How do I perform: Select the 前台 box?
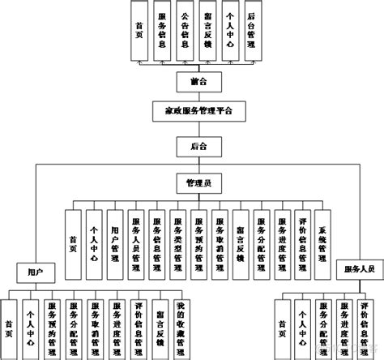(192, 81)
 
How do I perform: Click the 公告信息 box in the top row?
(186, 30)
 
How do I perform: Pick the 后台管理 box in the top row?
(251, 30)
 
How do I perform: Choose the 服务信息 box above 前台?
(163, 30)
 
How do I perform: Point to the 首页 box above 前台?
(140, 30)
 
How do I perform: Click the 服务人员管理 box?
(136, 241)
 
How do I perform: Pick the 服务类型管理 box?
(178, 241)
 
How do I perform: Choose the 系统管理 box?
(322, 241)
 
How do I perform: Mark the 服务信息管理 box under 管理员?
(157, 241)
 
